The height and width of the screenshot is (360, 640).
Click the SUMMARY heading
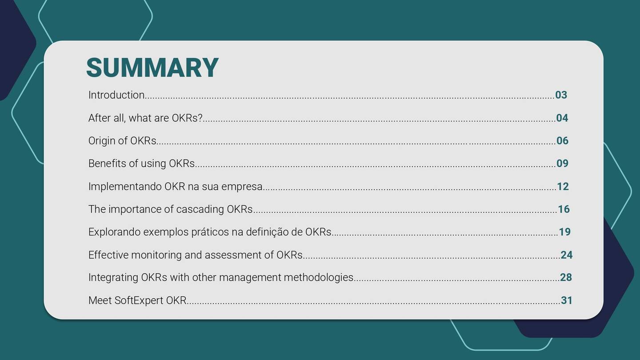click(152, 68)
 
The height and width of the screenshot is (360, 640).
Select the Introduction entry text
click(116, 95)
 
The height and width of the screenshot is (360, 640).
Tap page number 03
click(561, 95)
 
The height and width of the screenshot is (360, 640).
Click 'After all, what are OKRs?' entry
click(145, 118)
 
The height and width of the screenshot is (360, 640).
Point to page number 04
click(562, 118)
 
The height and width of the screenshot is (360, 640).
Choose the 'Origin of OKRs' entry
click(122, 141)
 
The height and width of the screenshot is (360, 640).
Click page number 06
click(562, 141)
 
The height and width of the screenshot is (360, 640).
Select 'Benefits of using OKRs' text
click(141, 164)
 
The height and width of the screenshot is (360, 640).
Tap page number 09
click(562, 164)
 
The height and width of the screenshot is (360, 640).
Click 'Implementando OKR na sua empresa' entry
click(175, 187)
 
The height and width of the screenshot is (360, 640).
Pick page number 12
click(563, 187)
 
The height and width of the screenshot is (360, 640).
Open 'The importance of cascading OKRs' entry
click(170, 209)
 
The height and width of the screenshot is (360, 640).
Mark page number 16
click(564, 209)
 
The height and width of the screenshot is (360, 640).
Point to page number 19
click(564, 232)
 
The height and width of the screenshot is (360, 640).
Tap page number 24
click(566, 255)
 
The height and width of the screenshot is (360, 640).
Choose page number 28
click(566, 278)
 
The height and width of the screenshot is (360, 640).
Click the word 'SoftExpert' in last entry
click(139, 300)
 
